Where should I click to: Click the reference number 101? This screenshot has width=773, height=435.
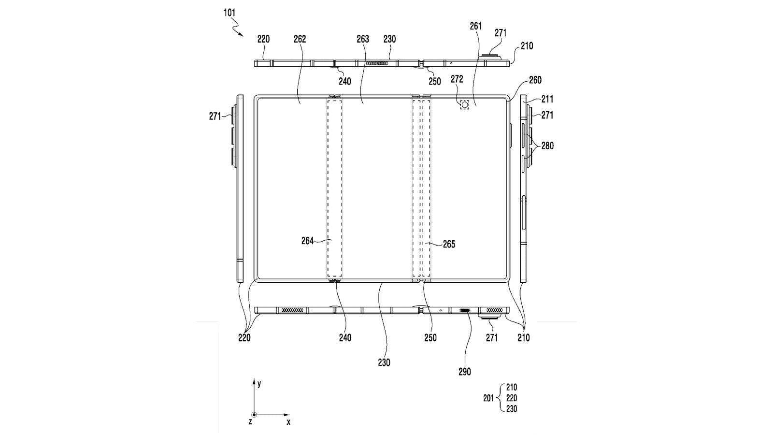pos(229,13)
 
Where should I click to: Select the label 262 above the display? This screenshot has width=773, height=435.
pos(300,39)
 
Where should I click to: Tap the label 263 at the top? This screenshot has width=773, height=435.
pos(363,39)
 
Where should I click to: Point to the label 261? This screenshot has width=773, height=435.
pos(476,26)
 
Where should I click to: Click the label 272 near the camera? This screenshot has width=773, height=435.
pos(457,78)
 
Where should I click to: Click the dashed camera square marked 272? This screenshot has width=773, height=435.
pos(465,104)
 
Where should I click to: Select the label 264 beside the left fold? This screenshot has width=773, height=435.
pos(308,241)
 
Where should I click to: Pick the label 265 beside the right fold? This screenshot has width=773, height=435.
pos(449,245)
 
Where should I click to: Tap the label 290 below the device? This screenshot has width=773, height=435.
pos(464,372)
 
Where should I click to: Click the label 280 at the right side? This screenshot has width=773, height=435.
pos(547,145)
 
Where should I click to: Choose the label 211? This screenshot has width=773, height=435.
pos(547,99)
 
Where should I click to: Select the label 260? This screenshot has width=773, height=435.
pos(535,80)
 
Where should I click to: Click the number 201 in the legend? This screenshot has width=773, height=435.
pos(489,398)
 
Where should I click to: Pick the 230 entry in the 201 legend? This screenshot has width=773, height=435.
pos(511,409)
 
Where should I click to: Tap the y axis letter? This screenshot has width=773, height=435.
pos(259,384)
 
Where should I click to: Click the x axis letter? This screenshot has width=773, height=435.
pos(288,422)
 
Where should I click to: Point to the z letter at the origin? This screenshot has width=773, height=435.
pos(250,422)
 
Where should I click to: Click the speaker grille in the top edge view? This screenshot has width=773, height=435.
pos(378,63)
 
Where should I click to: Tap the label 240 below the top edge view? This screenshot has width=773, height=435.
pos(345,81)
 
